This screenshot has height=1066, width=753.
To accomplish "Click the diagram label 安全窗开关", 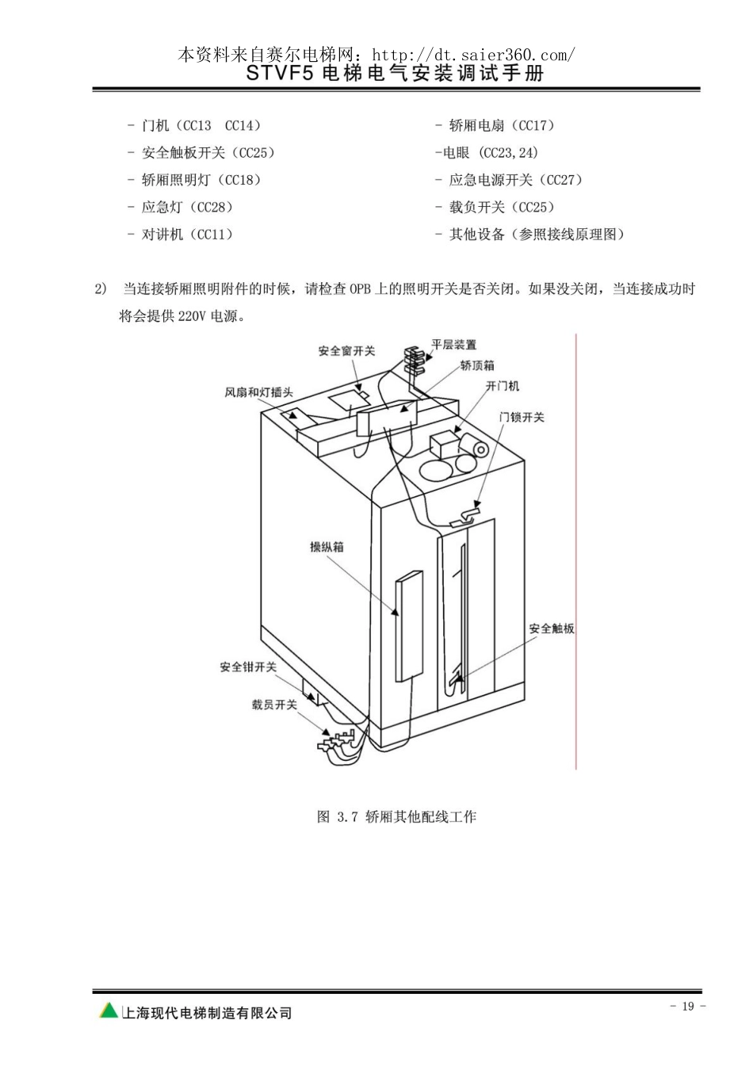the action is (346, 351).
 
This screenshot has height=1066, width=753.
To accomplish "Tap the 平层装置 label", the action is (453, 345).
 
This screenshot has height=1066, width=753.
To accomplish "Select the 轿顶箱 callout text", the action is (477, 365).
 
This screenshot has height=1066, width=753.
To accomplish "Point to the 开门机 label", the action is (503, 386).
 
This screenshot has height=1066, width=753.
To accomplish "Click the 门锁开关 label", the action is (522, 418).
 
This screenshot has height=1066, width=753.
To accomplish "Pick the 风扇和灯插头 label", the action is (258, 392).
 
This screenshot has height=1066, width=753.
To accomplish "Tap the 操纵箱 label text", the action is (327, 547).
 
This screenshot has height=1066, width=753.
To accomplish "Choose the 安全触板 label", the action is (552, 629).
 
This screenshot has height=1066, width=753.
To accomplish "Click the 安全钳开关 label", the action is (248, 667).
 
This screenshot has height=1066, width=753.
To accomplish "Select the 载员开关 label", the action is (274, 705).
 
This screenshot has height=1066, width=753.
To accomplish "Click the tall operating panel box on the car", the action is (409, 626).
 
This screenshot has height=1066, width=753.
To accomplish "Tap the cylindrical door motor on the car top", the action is (476, 447).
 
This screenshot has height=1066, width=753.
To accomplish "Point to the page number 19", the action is (688, 1006).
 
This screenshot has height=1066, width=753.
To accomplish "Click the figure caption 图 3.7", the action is (337, 816).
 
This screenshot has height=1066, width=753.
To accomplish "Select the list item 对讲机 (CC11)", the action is (186, 234).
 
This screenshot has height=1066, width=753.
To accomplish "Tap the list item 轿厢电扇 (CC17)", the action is (502, 125).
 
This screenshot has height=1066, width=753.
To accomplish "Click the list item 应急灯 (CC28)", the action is (186, 207).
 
